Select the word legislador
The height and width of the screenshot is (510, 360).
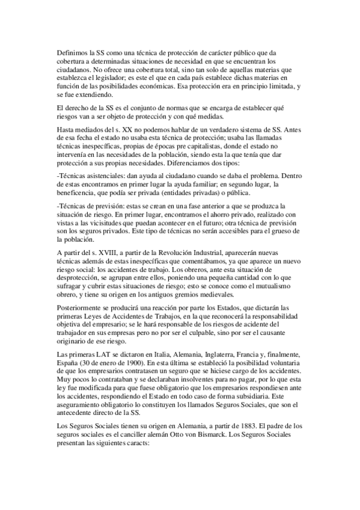point(135,78)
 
